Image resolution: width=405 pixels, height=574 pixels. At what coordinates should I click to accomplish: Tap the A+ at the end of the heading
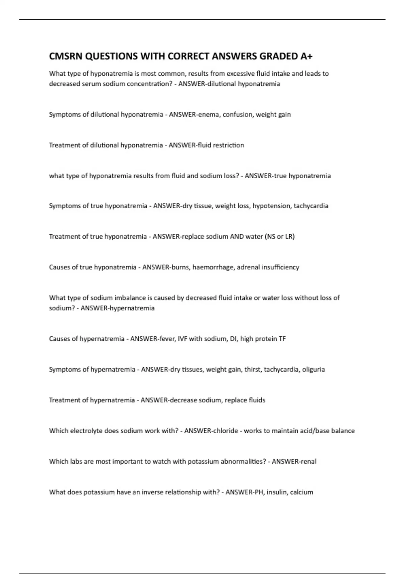click(x=306, y=56)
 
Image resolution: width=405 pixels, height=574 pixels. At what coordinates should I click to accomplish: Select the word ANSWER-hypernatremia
click(x=117, y=308)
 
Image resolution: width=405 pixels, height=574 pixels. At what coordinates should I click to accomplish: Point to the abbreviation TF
click(x=282, y=339)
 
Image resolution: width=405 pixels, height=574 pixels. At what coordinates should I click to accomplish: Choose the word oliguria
click(x=314, y=369)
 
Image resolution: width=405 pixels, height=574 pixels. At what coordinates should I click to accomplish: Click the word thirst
click(x=252, y=369)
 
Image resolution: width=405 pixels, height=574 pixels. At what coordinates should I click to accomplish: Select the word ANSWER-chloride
click(x=211, y=431)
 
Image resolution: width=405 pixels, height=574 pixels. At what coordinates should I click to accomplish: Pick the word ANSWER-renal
click(x=294, y=462)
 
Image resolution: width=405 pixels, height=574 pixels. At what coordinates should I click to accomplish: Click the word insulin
click(x=276, y=492)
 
